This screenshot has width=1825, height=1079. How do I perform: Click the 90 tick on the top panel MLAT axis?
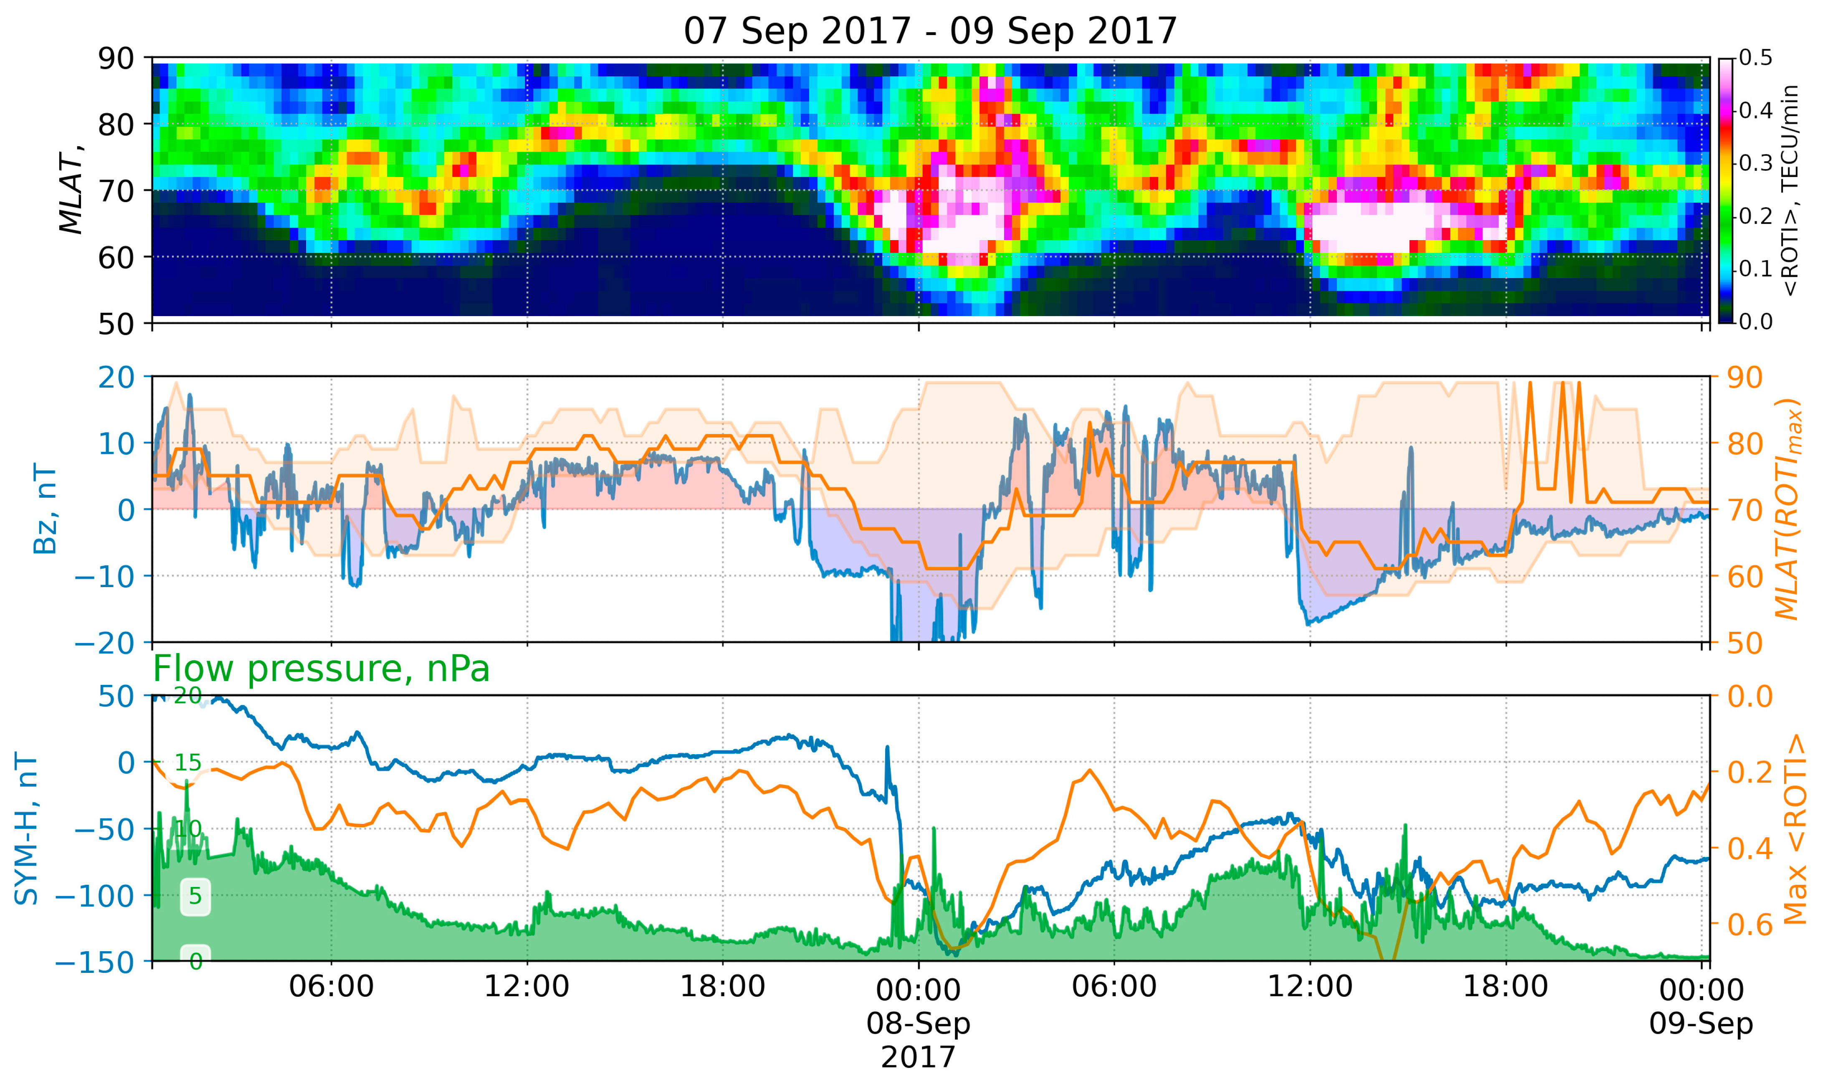point(116,58)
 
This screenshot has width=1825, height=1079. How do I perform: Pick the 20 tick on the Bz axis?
point(116,377)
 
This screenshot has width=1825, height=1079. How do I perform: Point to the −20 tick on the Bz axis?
point(105,643)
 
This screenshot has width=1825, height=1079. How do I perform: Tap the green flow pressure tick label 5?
point(195,896)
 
